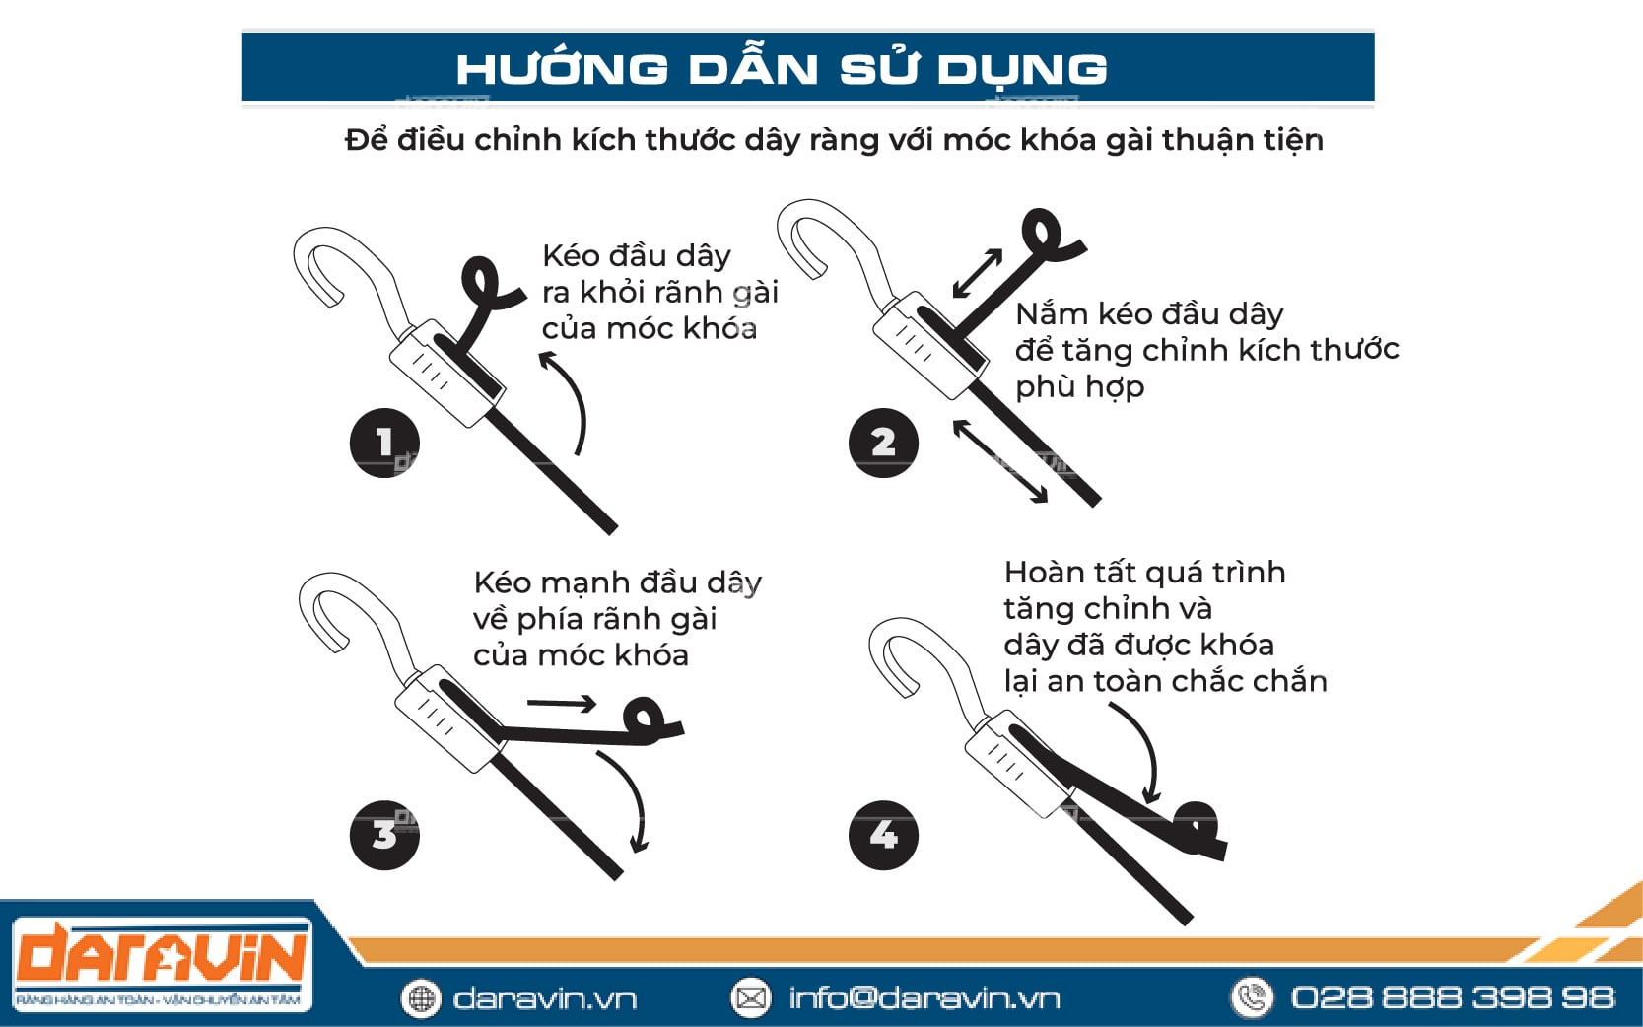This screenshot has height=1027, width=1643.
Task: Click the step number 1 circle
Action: tap(384, 443)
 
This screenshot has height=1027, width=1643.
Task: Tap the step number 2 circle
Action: tap(883, 443)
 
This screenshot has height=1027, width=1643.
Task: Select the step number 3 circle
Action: tap(384, 835)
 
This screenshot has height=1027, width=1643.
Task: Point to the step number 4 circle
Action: tap(883, 835)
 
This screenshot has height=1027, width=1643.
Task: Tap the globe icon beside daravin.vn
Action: tap(421, 998)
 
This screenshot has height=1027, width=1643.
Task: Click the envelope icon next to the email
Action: tap(751, 998)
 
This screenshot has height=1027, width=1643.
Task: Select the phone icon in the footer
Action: tap(1252, 997)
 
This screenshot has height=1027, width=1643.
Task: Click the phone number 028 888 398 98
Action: tap(1453, 997)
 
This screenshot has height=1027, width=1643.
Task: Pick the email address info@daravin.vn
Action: tap(924, 998)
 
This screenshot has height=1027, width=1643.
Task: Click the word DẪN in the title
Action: tap(753, 68)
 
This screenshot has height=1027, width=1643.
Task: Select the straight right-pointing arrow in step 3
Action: tap(562, 704)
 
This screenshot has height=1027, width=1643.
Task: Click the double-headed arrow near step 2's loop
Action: tap(978, 273)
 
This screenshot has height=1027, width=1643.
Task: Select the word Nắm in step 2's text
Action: tap(1051, 313)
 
